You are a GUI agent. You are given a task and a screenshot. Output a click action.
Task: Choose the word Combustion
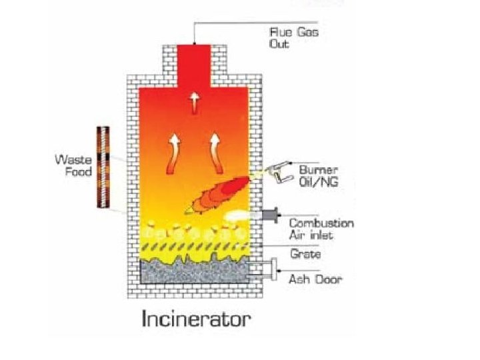pyautogui.click(x=321, y=223)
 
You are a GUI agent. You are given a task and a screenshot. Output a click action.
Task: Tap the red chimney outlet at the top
pyautogui.click(x=195, y=60)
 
